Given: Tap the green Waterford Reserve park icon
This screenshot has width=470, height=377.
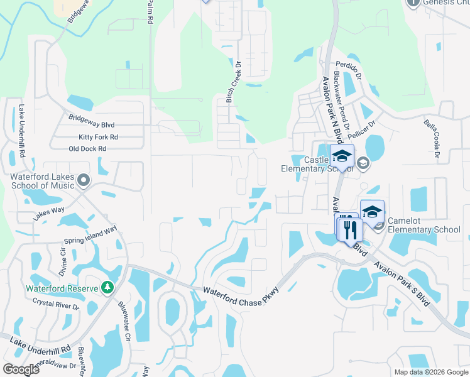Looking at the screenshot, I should point(107,288).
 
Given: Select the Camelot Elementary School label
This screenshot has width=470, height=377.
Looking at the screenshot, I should point(424,226).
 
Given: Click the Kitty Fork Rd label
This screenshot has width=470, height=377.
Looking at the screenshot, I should point(98,137).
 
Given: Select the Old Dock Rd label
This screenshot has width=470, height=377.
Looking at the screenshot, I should point(87,149).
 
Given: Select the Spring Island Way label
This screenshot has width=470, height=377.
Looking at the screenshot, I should point(91,235).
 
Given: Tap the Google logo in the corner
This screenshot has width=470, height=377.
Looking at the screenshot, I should point(21,369).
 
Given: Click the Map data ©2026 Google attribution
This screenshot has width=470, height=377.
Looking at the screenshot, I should point(431,372).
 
